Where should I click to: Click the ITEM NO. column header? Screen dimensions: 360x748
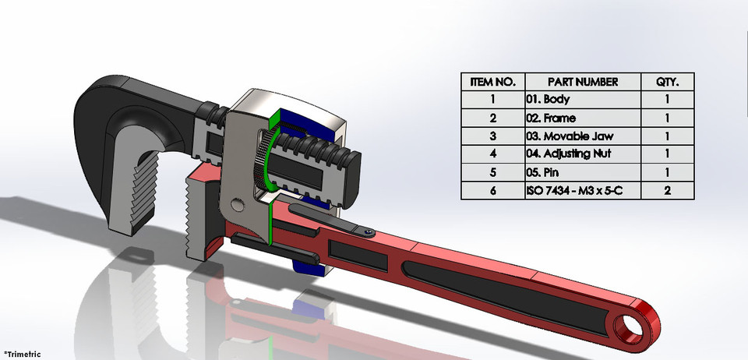(492, 82)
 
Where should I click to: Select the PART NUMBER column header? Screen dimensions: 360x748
(582, 82)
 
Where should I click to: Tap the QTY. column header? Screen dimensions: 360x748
(668, 82)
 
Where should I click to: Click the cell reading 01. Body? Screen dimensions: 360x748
(582, 100)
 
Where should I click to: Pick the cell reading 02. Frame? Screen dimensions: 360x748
(582, 118)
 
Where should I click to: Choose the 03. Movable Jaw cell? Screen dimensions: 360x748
(582, 136)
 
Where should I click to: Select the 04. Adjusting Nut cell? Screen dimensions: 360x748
(582, 154)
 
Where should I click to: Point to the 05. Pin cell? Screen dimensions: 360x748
(582, 171)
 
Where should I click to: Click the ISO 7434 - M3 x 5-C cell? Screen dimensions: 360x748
(582, 189)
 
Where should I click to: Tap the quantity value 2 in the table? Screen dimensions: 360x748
(668, 189)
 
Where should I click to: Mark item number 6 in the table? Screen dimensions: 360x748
(492, 189)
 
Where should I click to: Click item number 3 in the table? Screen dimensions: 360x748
(492, 136)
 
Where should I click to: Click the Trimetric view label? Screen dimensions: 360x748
(22, 354)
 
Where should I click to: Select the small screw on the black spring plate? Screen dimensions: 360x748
(365, 231)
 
